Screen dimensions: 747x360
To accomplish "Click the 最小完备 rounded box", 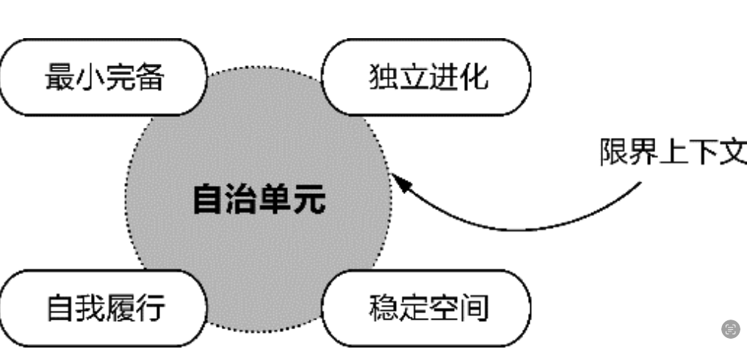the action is (x=103, y=77).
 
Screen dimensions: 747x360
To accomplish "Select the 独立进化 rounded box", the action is (x=427, y=77).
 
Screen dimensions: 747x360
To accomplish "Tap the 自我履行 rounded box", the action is (x=103, y=308).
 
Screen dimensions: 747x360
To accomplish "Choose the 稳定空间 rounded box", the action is (x=427, y=308).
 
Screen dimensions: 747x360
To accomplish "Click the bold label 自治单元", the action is (x=259, y=199).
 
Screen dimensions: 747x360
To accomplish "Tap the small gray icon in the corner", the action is (x=730, y=328).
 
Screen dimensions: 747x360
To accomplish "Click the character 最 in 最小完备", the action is (x=59, y=77).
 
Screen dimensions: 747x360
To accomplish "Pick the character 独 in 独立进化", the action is (x=383, y=77).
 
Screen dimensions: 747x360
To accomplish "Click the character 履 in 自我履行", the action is (x=119, y=308).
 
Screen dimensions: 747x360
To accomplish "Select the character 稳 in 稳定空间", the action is (x=383, y=308).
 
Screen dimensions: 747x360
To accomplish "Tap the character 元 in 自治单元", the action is (x=308, y=199).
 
